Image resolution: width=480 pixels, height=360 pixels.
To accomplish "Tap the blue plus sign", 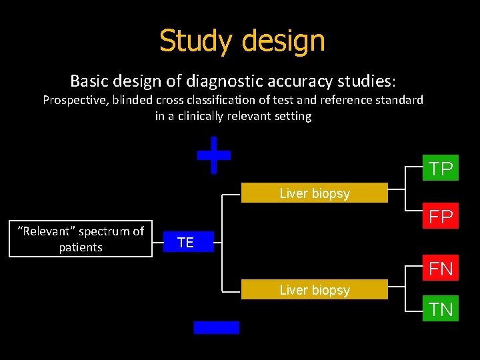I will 214,155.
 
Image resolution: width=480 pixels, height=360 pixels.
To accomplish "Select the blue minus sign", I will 216,327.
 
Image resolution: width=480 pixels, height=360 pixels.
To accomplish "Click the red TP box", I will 441,169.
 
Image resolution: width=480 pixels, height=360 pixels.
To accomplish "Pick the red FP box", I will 441,217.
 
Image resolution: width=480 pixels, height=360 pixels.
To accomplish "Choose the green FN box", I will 441,269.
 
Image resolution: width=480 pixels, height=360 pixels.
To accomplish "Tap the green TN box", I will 441,309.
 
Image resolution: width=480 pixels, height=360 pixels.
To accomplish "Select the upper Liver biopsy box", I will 314,193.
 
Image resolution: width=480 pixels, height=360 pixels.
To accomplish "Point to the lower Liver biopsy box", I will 314,290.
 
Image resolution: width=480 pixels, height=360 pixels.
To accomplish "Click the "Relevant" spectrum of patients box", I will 81,239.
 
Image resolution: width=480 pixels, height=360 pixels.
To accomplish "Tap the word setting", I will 291,116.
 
